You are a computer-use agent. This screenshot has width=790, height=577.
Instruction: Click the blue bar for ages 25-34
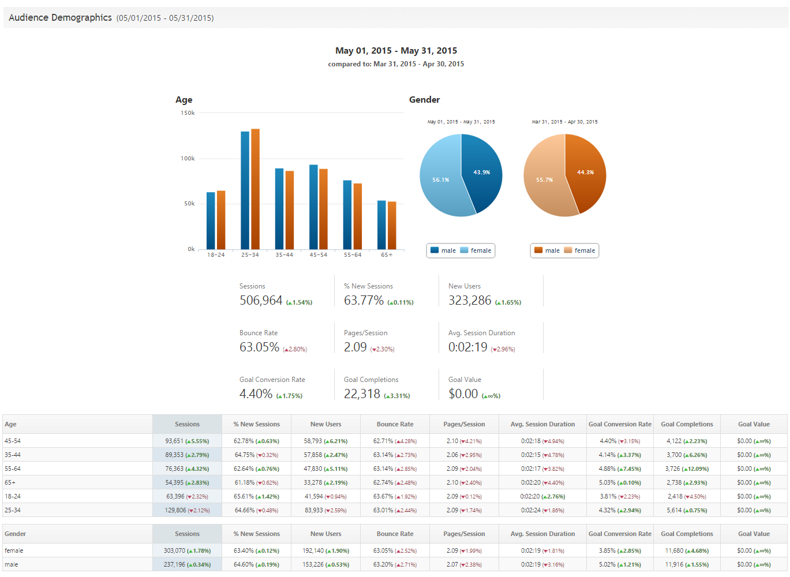click(245, 190)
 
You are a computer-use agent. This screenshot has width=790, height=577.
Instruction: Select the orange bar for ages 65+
click(392, 226)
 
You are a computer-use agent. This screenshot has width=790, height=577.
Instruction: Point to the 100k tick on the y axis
click(188, 158)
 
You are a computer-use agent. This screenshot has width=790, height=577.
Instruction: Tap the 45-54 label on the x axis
click(319, 254)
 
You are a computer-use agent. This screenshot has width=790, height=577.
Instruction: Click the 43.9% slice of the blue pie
click(482, 172)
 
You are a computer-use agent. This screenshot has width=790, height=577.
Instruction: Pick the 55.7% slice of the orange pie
click(544, 179)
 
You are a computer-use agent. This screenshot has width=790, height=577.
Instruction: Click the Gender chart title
click(424, 100)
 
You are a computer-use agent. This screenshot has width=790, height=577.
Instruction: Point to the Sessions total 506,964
click(261, 301)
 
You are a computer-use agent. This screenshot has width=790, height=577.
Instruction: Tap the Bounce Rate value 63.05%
click(259, 347)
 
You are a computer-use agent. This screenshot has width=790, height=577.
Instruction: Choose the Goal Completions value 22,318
click(362, 394)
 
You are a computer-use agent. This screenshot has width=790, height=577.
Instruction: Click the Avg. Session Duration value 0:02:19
click(467, 347)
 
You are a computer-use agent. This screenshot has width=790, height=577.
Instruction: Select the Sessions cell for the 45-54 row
click(187, 441)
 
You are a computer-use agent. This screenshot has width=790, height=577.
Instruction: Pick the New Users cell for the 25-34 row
click(325, 510)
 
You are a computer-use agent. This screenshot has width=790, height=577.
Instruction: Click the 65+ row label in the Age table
click(10, 482)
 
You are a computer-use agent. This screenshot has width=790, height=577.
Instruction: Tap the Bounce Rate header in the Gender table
click(395, 534)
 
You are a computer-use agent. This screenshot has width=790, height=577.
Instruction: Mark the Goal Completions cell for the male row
click(687, 564)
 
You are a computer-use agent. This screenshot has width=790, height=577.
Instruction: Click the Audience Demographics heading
click(60, 18)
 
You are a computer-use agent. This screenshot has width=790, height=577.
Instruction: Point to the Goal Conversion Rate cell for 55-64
click(620, 469)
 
